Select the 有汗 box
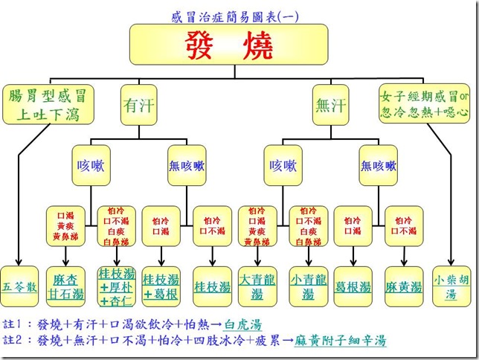pyautogui.click(x=139, y=106)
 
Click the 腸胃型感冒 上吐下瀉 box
pyautogui.click(x=49, y=106)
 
